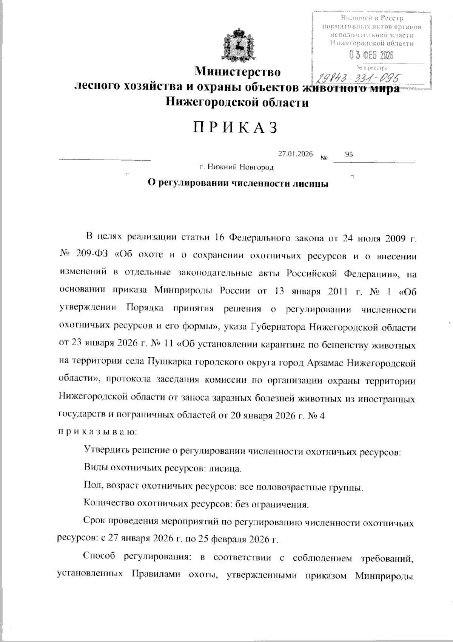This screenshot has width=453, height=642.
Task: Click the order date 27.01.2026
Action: [295, 154]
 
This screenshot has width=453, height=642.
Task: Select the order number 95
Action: [349, 154]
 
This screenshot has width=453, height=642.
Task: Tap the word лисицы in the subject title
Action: [310, 184]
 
